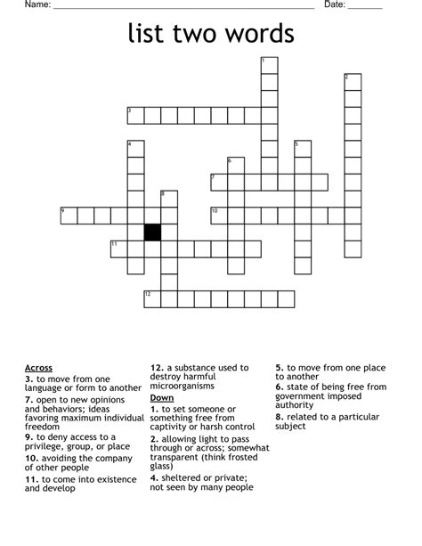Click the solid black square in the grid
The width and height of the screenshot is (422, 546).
152,232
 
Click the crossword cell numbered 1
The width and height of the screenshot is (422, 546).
269,65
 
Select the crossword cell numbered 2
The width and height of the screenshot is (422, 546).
353,82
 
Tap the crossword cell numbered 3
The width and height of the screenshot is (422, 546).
135,115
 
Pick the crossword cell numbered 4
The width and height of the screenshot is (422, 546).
135,149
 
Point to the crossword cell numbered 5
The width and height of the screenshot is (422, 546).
303,149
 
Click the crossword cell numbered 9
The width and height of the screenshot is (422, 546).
69,215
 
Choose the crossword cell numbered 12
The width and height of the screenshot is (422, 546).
152,298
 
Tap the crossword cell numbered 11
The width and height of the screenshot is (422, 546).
118,249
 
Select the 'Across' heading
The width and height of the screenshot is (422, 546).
38,367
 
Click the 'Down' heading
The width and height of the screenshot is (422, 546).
161,397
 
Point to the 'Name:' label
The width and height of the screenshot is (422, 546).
37,5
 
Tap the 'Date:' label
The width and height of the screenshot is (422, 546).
334,5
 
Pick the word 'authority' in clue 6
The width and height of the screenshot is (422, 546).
295,405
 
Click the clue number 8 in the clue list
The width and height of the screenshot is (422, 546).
279,417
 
